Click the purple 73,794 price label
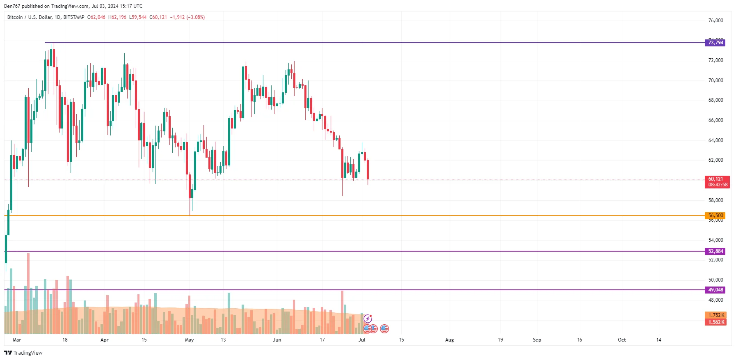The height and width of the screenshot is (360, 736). (715, 43)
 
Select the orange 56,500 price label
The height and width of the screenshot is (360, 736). (715, 216)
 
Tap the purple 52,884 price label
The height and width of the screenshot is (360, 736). (715, 251)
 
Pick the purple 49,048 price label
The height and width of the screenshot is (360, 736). (715, 290)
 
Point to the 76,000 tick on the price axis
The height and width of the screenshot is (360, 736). (715, 21)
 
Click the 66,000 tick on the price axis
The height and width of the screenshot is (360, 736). (715, 120)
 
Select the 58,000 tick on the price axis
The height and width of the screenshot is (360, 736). (715, 200)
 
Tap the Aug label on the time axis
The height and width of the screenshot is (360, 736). (450, 340)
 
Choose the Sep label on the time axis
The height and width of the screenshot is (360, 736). (537, 340)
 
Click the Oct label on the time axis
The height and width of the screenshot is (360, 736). (622, 340)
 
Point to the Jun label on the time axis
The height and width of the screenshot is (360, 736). (277, 340)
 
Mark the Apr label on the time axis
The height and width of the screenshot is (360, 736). (105, 340)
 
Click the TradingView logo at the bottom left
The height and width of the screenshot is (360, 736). (23, 353)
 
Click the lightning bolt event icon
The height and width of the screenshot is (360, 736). (368, 319)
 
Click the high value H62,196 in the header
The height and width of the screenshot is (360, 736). (117, 17)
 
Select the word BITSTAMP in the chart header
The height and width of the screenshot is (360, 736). (74, 17)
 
